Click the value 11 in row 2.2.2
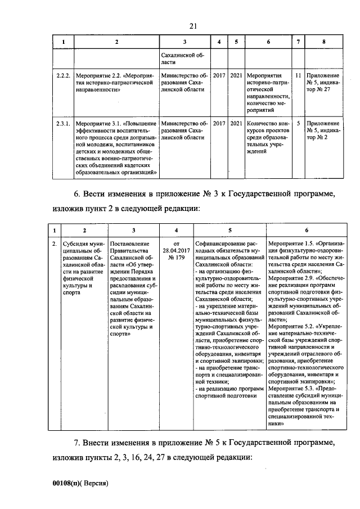click(x=298, y=75)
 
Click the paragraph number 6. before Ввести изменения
click(x=78, y=195)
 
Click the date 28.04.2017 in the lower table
click(x=176, y=250)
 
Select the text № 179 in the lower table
click(x=176, y=258)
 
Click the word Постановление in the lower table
click(x=133, y=244)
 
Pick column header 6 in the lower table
click(x=306, y=230)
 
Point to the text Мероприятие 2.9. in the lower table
click(x=292, y=278)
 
